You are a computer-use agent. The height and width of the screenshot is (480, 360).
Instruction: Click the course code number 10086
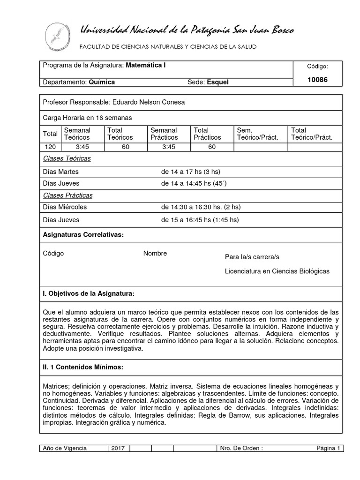point(317,80)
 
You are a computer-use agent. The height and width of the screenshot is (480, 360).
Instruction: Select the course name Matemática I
point(145,66)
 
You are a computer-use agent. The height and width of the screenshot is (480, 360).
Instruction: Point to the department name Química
point(102,82)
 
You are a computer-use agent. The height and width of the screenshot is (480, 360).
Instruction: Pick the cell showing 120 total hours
point(50,147)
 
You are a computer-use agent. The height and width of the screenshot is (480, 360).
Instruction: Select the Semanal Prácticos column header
point(164,134)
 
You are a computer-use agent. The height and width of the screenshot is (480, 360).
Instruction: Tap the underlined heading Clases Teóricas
point(67,159)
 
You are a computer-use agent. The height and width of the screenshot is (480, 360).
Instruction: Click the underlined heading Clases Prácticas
point(67,195)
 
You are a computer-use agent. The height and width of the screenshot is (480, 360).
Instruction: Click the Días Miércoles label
point(65,207)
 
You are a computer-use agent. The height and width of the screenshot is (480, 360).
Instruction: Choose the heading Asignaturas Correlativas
point(83,234)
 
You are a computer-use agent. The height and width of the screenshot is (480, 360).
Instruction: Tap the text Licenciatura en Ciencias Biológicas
point(277,271)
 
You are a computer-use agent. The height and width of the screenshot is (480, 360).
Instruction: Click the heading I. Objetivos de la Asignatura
point(88,294)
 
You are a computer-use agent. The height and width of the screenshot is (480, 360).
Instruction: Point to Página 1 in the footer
point(328,448)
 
